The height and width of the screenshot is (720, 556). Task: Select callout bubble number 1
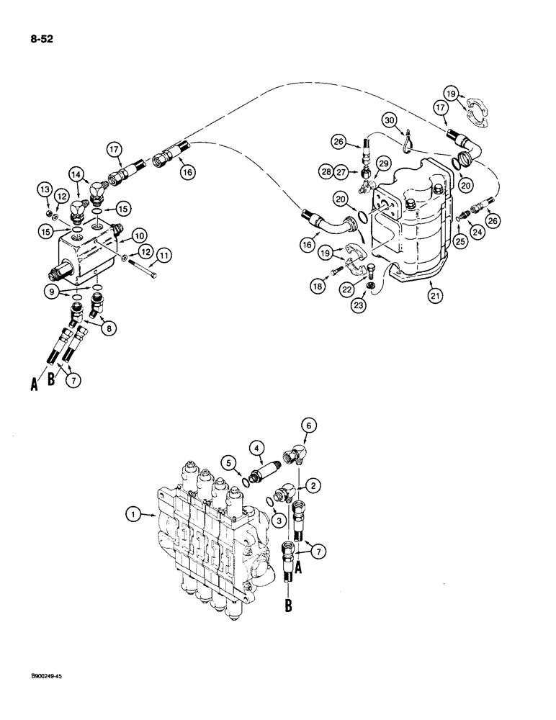click(132, 513)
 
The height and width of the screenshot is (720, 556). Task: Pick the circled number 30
click(390, 120)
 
